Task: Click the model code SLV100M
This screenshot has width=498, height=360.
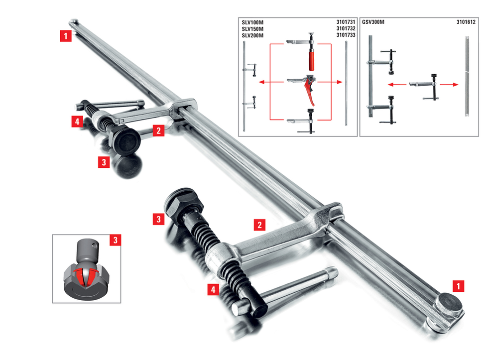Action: (x=252, y=22)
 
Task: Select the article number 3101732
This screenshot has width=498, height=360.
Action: (x=346, y=28)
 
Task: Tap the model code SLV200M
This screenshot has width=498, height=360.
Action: (x=252, y=35)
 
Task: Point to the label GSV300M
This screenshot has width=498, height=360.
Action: (x=373, y=22)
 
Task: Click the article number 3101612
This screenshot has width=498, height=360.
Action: (x=466, y=22)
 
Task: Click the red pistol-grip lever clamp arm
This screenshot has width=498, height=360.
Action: (x=302, y=87)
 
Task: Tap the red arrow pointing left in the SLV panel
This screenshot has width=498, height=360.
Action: (x=271, y=82)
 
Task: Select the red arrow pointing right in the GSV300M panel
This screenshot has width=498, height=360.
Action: (x=449, y=85)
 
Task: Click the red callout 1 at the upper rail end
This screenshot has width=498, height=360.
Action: (x=66, y=36)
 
